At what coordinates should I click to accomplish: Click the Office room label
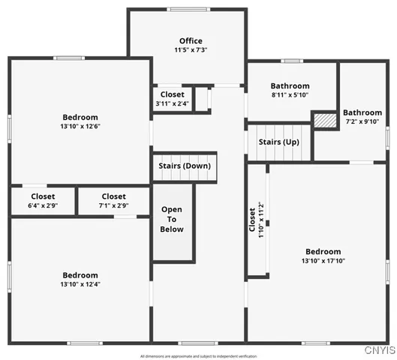coord(191,40)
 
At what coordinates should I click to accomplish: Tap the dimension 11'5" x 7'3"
coord(191,50)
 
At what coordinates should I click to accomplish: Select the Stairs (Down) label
coord(185,166)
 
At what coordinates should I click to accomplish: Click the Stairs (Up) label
coord(279,142)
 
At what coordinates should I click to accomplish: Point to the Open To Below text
coord(172,218)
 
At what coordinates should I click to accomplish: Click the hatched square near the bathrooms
coord(324,120)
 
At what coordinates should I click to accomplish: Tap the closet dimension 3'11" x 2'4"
coord(172,103)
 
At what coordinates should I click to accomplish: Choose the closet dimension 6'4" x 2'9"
coord(43,205)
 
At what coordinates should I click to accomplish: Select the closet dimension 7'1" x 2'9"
coord(113,205)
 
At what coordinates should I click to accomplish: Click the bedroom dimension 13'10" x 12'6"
coord(80,126)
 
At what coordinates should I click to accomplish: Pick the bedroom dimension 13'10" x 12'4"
coord(80,284)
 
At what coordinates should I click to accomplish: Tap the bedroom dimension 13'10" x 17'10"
coord(323,261)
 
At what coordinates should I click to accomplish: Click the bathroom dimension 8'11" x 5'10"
coord(290,95)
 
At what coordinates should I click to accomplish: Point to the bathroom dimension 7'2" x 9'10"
coord(363,121)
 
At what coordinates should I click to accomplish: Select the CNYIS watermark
coord(379,350)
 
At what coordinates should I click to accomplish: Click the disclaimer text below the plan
coord(198,355)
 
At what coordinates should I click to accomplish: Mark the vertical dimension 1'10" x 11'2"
coord(261,219)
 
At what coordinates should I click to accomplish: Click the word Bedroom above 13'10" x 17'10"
coord(323,251)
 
